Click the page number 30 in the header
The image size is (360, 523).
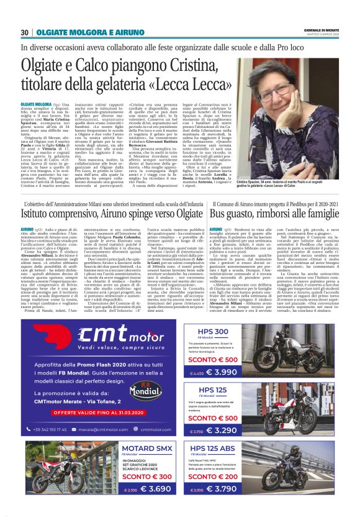[25, 33]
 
